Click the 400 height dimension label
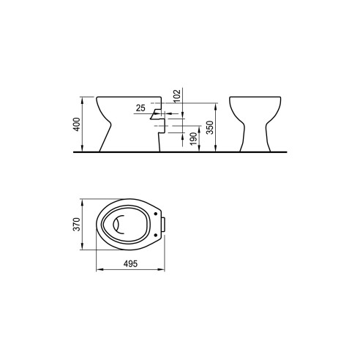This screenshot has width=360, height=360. [77, 124]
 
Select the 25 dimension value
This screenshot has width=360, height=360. [140, 108]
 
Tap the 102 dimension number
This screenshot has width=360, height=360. [177, 96]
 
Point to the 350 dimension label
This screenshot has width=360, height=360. [210, 127]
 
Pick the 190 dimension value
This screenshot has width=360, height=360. [193, 139]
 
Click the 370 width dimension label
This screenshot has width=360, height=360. [77, 224]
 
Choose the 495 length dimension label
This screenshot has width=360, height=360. [130, 263]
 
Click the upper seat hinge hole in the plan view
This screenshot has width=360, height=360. [156, 214]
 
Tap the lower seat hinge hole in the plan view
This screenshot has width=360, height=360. [156, 235]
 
